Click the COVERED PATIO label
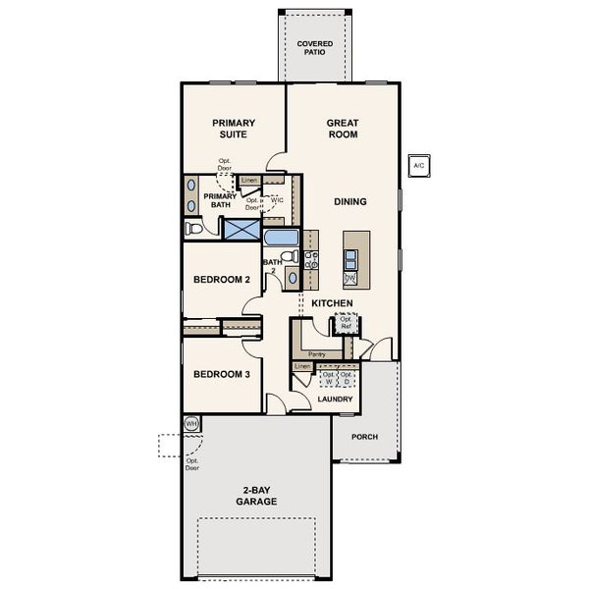pyautogui.click(x=315, y=48)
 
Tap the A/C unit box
pyautogui.click(x=419, y=165)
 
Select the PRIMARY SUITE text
pyautogui.click(x=233, y=129)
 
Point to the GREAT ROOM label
pyautogui.click(x=343, y=129)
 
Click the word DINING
pyautogui.click(x=349, y=202)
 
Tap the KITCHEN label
pyautogui.click(x=332, y=304)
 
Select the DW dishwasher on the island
pyautogui.click(x=349, y=279)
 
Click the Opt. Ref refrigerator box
pyautogui.click(x=346, y=323)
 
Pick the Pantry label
pyautogui.click(x=316, y=353)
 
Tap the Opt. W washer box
pyautogui.click(x=329, y=378)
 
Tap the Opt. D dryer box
pyautogui.click(x=346, y=378)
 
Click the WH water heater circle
pyautogui.click(x=192, y=424)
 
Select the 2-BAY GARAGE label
pyautogui.click(x=255, y=496)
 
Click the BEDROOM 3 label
pyautogui.click(x=222, y=375)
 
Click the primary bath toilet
pyautogui.click(x=194, y=229)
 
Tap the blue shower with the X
pyautogui.click(x=240, y=229)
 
